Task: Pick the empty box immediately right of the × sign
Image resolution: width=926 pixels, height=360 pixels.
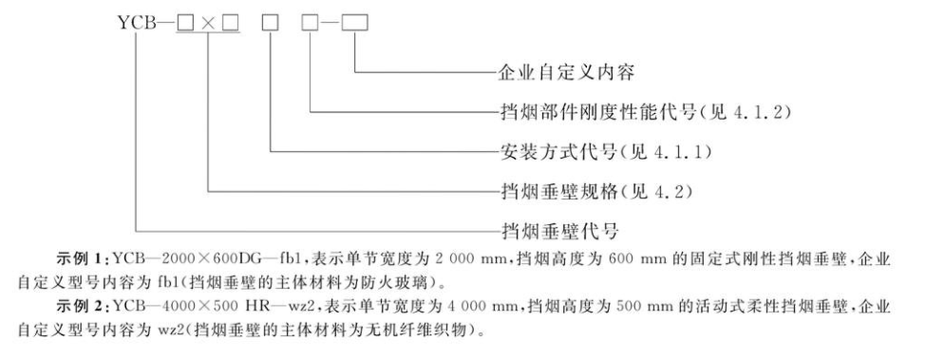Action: pos(232,17)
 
